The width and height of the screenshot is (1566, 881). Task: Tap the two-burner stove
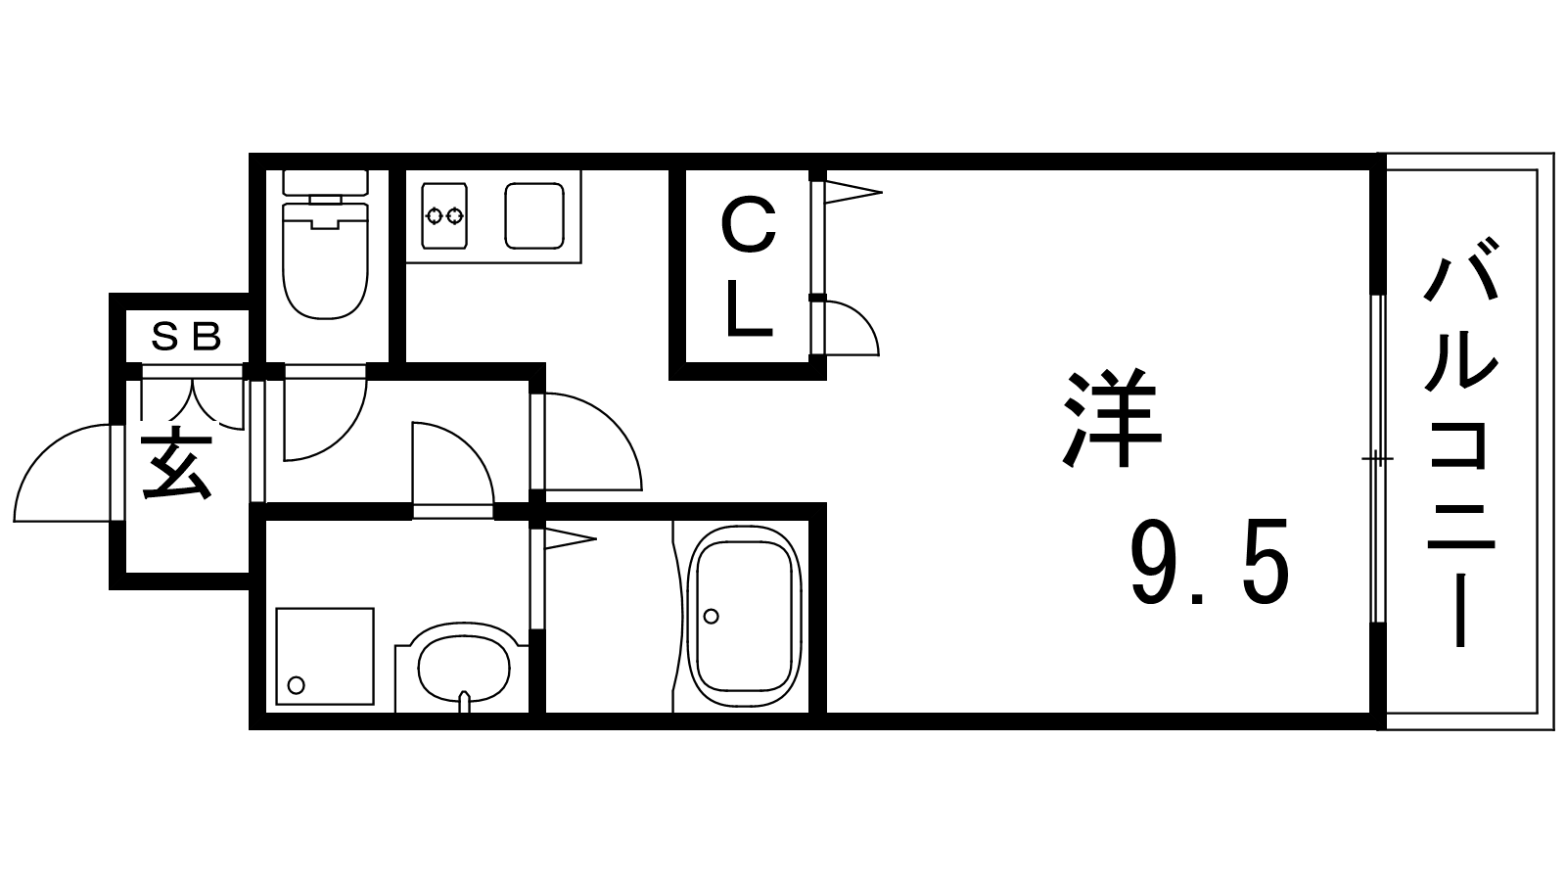point(444,216)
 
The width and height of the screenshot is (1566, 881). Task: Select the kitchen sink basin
point(534,216)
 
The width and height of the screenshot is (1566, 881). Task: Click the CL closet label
point(749,267)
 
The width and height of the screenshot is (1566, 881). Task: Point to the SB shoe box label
point(187,338)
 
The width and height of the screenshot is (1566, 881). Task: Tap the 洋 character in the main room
point(1112,417)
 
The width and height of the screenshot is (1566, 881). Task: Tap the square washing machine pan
point(325,657)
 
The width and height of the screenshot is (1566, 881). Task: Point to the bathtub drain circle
point(711,616)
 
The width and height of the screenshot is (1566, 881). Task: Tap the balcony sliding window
point(1377,459)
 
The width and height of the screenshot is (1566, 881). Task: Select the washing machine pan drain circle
point(296,685)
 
